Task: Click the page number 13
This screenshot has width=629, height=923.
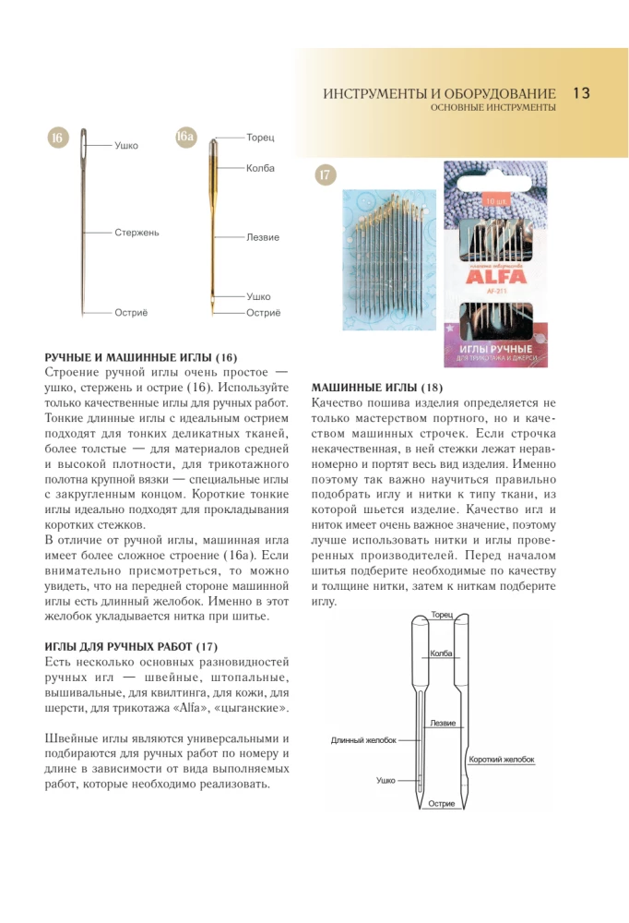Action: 581,93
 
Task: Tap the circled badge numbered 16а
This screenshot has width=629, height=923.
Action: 184,138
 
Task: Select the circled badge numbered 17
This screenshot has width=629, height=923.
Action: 325,175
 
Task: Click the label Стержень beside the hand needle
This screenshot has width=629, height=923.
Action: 136,233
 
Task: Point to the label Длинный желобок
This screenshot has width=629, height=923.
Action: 363,740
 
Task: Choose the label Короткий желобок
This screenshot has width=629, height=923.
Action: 502,760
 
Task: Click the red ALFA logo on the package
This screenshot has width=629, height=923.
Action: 495,274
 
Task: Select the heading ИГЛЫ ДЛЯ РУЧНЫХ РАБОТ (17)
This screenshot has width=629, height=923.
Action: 131,646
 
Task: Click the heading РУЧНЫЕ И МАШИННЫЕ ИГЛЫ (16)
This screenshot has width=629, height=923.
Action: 141,356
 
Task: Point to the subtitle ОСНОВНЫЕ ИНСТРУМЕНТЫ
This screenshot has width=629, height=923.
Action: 493,108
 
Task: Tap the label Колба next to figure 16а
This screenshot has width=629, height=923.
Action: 260,168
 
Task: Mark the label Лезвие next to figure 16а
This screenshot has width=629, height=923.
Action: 262,238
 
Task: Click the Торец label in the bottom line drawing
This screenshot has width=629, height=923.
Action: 442,615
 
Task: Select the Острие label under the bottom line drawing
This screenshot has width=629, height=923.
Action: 442,804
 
